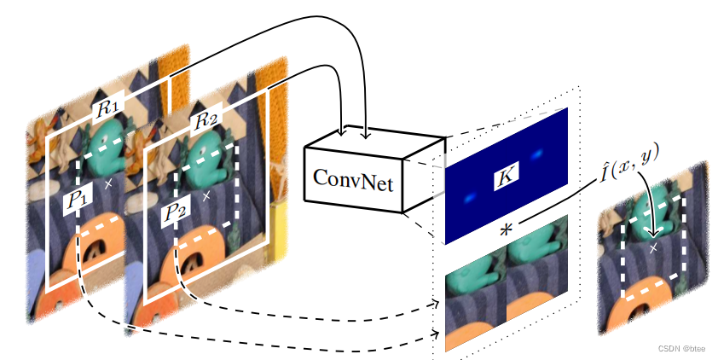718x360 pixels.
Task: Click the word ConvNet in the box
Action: click(353, 180)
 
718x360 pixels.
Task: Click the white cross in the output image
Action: click(653, 247)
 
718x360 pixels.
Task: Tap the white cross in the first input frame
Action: click(107, 183)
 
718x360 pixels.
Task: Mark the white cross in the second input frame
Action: click(206, 195)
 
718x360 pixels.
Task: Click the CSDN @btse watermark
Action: click(683, 348)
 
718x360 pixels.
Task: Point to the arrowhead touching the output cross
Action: click(653, 235)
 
